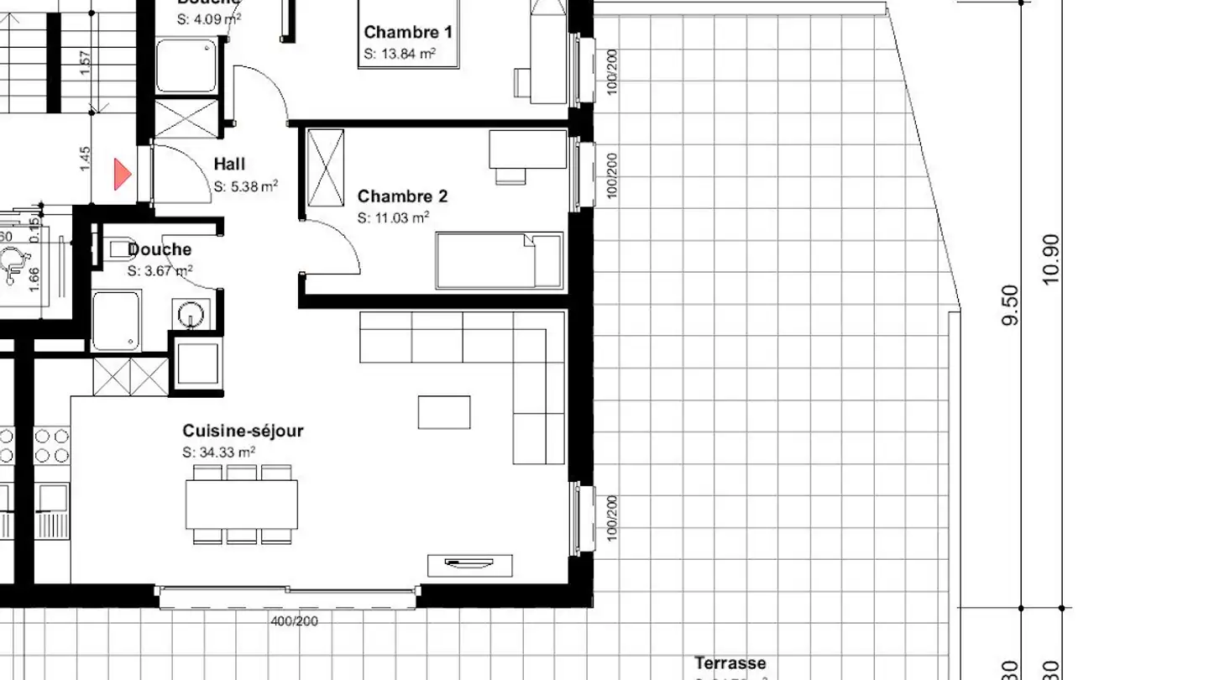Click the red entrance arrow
pyautogui.click(x=123, y=175)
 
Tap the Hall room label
pyautogui.click(x=229, y=165)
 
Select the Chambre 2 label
pyautogui.click(x=402, y=196)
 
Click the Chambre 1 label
pyautogui.click(x=408, y=33)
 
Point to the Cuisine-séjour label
pyautogui.click(x=243, y=432)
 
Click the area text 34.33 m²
pyautogui.click(x=219, y=452)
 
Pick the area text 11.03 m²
pyautogui.click(x=394, y=218)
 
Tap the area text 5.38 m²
pyautogui.click(x=245, y=186)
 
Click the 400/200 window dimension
pyautogui.click(x=294, y=622)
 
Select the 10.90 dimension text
pyautogui.click(x=1050, y=259)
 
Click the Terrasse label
pyautogui.click(x=730, y=663)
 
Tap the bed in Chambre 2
pyautogui.click(x=499, y=261)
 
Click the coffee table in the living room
pyautogui.click(x=444, y=412)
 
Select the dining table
pyautogui.click(x=242, y=504)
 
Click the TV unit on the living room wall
pyautogui.click(x=470, y=565)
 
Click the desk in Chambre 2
pyautogui.click(x=527, y=149)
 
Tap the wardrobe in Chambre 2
pyautogui.click(x=326, y=167)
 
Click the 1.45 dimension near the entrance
pyautogui.click(x=85, y=160)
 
